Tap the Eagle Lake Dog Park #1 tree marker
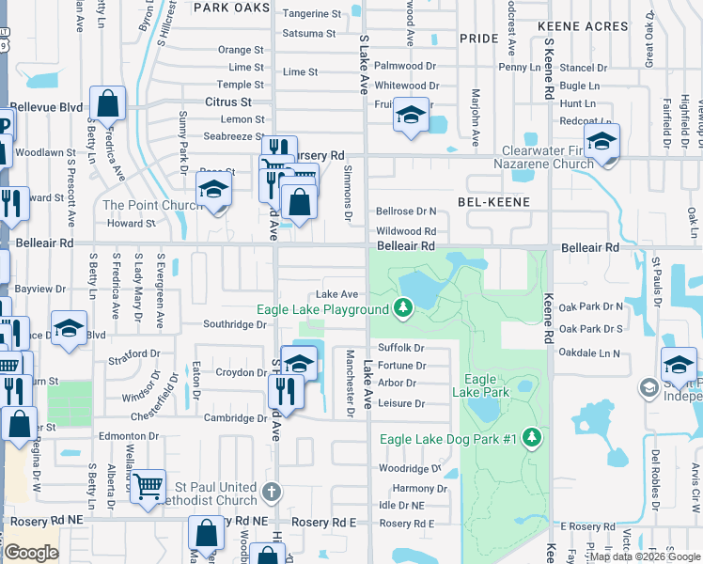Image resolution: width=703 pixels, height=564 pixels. coord(532,438)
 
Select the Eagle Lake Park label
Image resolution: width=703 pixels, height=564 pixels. coord(480,385)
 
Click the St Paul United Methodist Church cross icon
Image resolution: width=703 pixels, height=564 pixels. coord(272,492)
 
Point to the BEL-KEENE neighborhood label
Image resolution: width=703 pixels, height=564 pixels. coord(493,202)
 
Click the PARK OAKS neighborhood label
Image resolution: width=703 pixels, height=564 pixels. coord(230,8)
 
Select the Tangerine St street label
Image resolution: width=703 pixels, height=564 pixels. coord(312,14)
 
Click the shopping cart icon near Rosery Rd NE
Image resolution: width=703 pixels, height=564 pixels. coord(148,487)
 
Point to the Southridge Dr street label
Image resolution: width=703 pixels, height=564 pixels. coord(235,324)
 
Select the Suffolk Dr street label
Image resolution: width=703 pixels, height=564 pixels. coord(401,348)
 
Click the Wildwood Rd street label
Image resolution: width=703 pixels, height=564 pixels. coord(406,230)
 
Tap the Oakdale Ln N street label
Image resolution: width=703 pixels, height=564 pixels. coord(589,353)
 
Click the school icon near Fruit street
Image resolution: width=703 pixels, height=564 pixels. coord(412,115)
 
